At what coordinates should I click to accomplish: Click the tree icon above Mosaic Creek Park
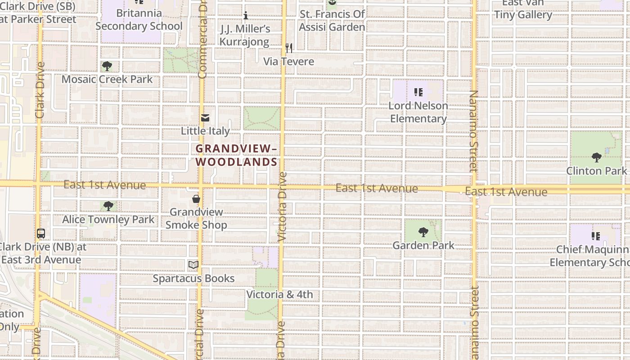[x=107, y=66]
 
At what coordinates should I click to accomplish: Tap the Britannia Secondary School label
[x=139, y=20]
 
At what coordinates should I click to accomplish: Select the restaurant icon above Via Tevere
[x=289, y=48]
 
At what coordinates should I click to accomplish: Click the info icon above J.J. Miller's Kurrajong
[x=246, y=16]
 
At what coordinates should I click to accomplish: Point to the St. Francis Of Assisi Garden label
[x=332, y=21]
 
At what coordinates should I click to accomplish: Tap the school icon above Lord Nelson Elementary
[x=418, y=92]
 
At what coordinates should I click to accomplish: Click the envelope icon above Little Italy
[x=205, y=118]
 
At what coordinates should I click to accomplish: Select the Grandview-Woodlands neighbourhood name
[x=236, y=155]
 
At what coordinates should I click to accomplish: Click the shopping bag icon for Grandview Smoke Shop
[x=196, y=198]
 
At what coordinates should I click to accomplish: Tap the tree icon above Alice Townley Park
[x=108, y=206]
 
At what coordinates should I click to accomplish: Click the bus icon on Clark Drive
[x=41, y=234]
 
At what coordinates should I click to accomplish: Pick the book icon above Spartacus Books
[x=193, y=265]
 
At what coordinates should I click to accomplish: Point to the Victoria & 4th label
[x=279, y=295]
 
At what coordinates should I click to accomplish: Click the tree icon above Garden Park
[x=423, y=232]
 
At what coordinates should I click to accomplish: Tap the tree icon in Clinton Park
[x=597, y=157]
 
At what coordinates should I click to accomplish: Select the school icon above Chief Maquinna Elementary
[x=596, y=236]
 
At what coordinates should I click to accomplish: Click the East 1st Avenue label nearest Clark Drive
[x=104, y=185]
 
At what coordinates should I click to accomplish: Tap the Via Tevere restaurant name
[x=288, y=61]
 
